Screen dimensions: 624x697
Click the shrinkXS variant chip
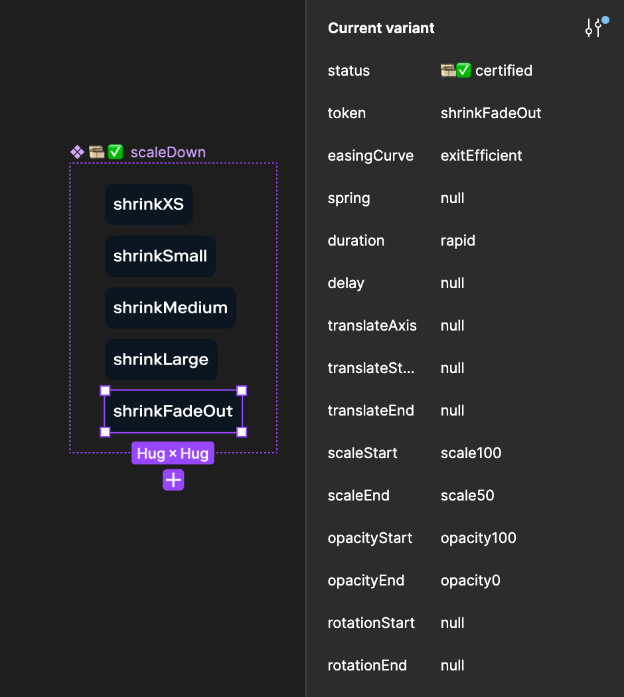pyautogui.click(x=149, y=204)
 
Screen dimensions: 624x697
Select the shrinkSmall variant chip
pyautogui.click(x=160, y=256)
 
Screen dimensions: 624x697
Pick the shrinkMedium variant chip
pyautogui.click(x=170, y=307)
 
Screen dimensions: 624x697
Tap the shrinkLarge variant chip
pyautogui.click(x=161, y=359)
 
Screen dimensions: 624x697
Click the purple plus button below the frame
pyautogui.click(x=173, y=480)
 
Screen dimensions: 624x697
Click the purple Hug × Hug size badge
pyautogui.click(x=173, y=453)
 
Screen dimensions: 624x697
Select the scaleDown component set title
pyautogui.click(x=168, y=153)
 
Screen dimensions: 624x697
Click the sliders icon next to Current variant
pyautogui.click(x=594, y=28)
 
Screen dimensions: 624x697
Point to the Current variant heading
pyautogui.click(x=381, y=28)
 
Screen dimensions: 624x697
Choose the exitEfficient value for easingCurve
pyautogui.click(x=481, y=155)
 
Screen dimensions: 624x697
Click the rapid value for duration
pyautogui.click(x=458, y=240)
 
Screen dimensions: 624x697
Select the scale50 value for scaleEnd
pyautogui.click(x=467, y=495)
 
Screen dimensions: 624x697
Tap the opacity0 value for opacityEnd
pyautogui.click(x=470, y=580)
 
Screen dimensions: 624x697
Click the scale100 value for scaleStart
pyautogui.click(x=471, y=453)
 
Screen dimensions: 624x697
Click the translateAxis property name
pyautogui.click(x=372, y=325)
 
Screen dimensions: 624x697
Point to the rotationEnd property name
pyautogui.click(x=367, y=665)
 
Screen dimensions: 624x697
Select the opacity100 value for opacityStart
pyautogui.click(x=478, y=538)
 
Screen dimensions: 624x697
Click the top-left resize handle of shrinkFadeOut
pyautogui.click(x=105, y=391)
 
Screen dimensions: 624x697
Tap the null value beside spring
pyautogui.click(x=453, y=198)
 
